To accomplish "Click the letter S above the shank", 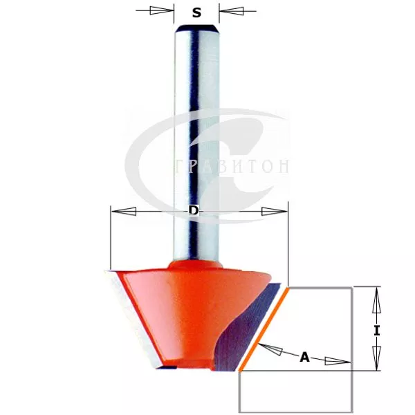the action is (196, 12).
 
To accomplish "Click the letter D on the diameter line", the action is (194, 211).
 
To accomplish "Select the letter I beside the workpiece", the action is (377, 331).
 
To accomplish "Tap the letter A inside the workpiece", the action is (304, 357).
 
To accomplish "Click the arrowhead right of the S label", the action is (231, 11).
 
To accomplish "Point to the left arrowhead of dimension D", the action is (124, 212).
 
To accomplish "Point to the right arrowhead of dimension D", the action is (274, 212).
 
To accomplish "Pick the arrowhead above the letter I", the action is (376, 300).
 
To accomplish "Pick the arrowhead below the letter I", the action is (376, 358).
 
